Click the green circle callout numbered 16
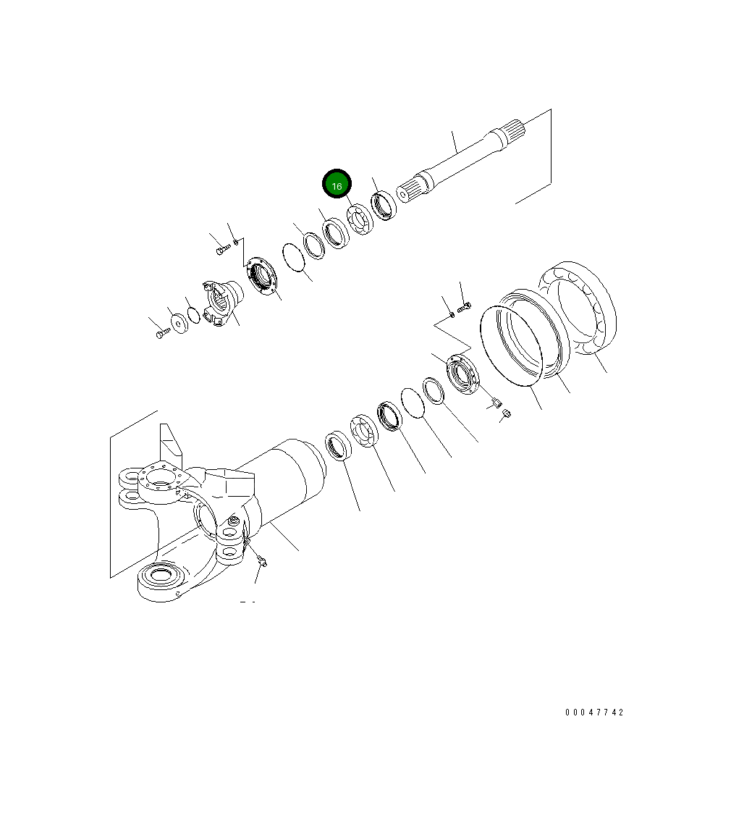pyautogui.click(x=337, y=185)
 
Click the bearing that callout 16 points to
pyautogui.click(x=360, y=220)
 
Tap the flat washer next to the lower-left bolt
pyautogui.click(x=177, y=321)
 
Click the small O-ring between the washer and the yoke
pyautogui.click(x=193, y=316)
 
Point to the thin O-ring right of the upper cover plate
pyautogui.click(x=293, y=257)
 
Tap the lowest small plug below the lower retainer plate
pyautogui.click(x=506, y=413)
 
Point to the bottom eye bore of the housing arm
pyautogui.click(x=158, y=578)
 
